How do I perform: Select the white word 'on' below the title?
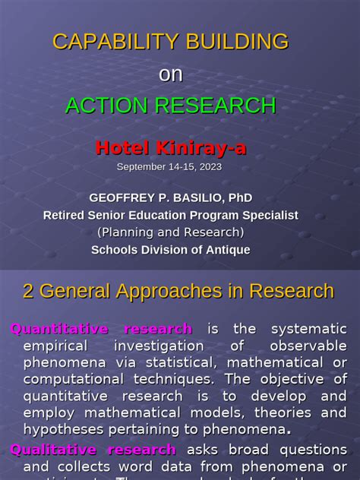pos(171,74)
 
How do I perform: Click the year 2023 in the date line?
pos(210,166)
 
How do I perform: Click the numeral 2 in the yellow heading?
pos(28,291)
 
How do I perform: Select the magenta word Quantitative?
pos(59,329)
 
